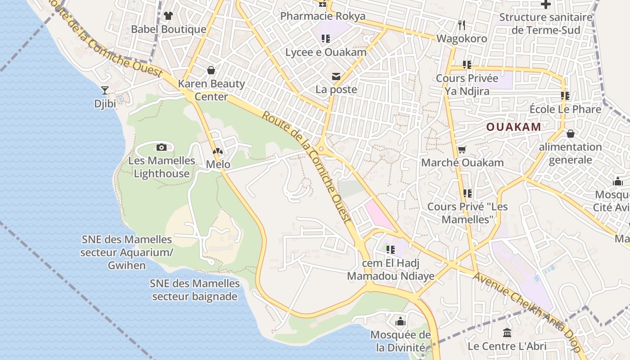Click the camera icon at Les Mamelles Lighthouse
162,147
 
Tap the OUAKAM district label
513,127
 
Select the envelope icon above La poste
336,76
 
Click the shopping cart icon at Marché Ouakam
462,149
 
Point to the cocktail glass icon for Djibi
105,90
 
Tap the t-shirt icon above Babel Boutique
168,16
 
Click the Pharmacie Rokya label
323,16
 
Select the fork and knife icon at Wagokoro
461,25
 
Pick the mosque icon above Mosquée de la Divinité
400,321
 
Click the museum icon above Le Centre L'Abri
507,333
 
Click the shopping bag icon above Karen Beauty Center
211,70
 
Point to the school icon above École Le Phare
565,96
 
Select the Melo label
218,164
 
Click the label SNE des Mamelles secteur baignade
195,290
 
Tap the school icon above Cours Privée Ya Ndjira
467,65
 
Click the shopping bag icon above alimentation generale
570,134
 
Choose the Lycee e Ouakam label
326,52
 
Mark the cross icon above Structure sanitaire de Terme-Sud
545,4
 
